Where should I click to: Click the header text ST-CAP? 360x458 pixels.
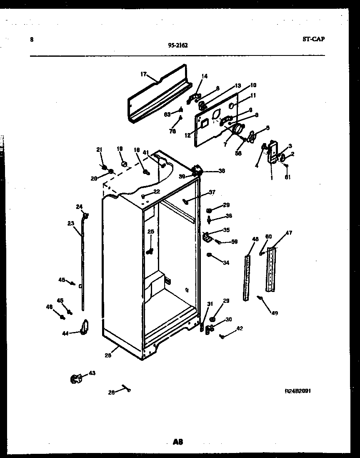click(x=313, y=40)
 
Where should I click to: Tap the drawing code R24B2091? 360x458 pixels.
click(x=297, y=391)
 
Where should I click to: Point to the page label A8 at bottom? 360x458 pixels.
click(x=178, y=442)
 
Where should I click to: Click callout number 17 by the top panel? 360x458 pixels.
click(x=143, y=74)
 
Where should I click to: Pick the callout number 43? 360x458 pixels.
click(x=92, y=373)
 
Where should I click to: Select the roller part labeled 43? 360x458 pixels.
click(x=75, y=378)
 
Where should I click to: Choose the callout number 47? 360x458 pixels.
click(x=288, y=233)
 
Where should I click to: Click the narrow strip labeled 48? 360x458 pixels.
click(x=247, y=277)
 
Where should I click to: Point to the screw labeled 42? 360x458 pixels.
click(x=222, y=336)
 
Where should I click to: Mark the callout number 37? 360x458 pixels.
click(x=212, y=192)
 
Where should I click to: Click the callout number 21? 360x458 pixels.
click(x=99, y=150)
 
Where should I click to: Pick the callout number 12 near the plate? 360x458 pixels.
click(x=188, y=135)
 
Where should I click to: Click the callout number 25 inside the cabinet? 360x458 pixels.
click(x=150, y=232)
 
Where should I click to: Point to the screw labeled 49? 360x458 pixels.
click(x=260, y=298)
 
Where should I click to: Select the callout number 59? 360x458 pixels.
click(x=234, y=241)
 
